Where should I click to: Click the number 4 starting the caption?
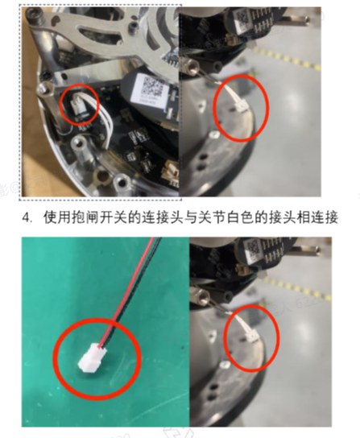click(x=26, y=218)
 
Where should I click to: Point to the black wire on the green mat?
click(x=131, y=293)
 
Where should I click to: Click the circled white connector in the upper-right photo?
click(x=239, y=107)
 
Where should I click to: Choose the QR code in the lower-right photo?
click(x=254, y=250)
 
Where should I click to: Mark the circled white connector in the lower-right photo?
click(x=250, y=335)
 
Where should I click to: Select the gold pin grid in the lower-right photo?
click(x=271, y=253)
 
